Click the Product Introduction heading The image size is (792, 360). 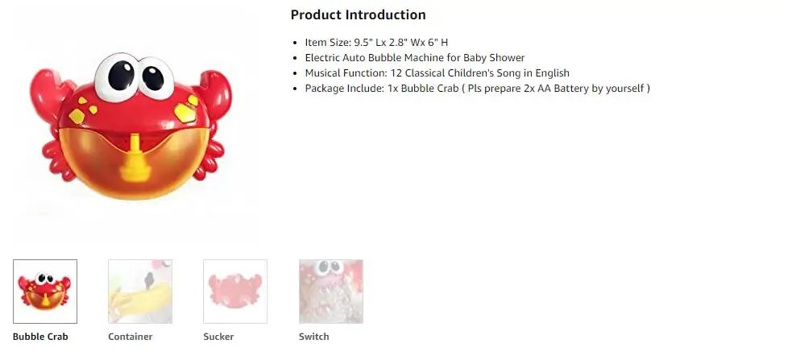[x=358, y=14]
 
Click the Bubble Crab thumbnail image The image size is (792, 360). [x=45, y=291]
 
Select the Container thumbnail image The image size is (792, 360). [x=140, y=291]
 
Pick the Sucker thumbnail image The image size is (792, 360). [x=235, y=291]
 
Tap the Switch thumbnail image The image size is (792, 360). [x=330, y=291]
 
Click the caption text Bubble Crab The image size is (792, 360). [x=40, y=337]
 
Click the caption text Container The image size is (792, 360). [x=131, y=337]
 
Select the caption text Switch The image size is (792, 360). [x=313, y=337]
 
